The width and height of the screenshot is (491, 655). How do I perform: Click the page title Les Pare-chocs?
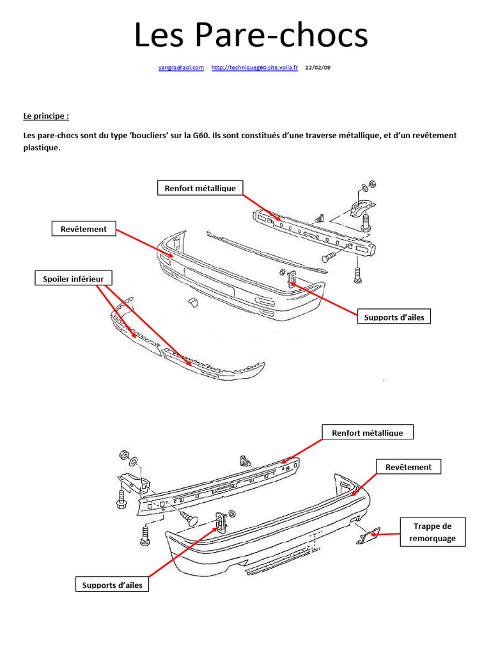(x=251, y=35)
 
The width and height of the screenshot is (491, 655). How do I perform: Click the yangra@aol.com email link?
(x=181, y=67)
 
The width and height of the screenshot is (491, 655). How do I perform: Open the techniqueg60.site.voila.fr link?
(x=254, y=67)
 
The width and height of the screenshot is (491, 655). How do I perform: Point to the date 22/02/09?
(x=318, y=67)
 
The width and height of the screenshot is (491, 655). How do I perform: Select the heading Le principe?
(x=45, y=116)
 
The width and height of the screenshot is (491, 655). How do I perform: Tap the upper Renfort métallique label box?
(x=200, y=188)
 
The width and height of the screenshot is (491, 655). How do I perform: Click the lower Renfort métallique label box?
(x=367, y=433)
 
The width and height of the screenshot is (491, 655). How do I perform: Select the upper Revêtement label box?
(x=84, y=229)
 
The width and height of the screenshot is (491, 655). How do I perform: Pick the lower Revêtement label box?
(x=408, y=467)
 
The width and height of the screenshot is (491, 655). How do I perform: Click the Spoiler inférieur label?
(x=74, y=278)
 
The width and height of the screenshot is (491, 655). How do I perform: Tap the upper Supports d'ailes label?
(x=394, y=317)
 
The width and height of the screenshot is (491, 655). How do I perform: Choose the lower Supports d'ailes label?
(x=112, y=585)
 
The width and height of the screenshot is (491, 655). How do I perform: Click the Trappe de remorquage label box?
(x=432, y=532)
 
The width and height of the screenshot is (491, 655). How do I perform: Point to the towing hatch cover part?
(x=367, y=537)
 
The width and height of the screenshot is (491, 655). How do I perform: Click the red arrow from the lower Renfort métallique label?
(x=302, y=448)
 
